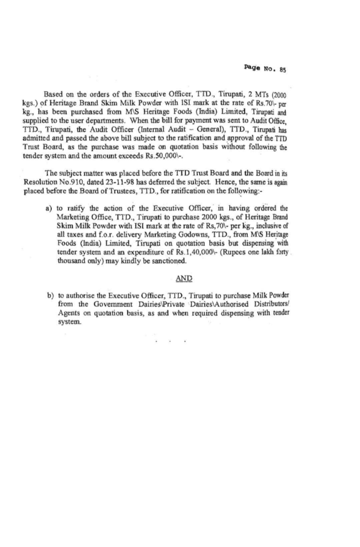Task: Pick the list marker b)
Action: pos(50,295)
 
